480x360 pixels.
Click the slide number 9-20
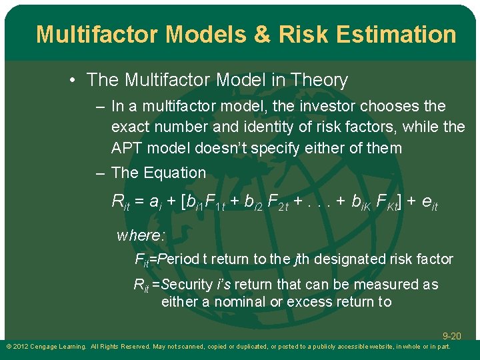pos(451,337)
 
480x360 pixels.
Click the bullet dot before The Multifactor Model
pos(72,81)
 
